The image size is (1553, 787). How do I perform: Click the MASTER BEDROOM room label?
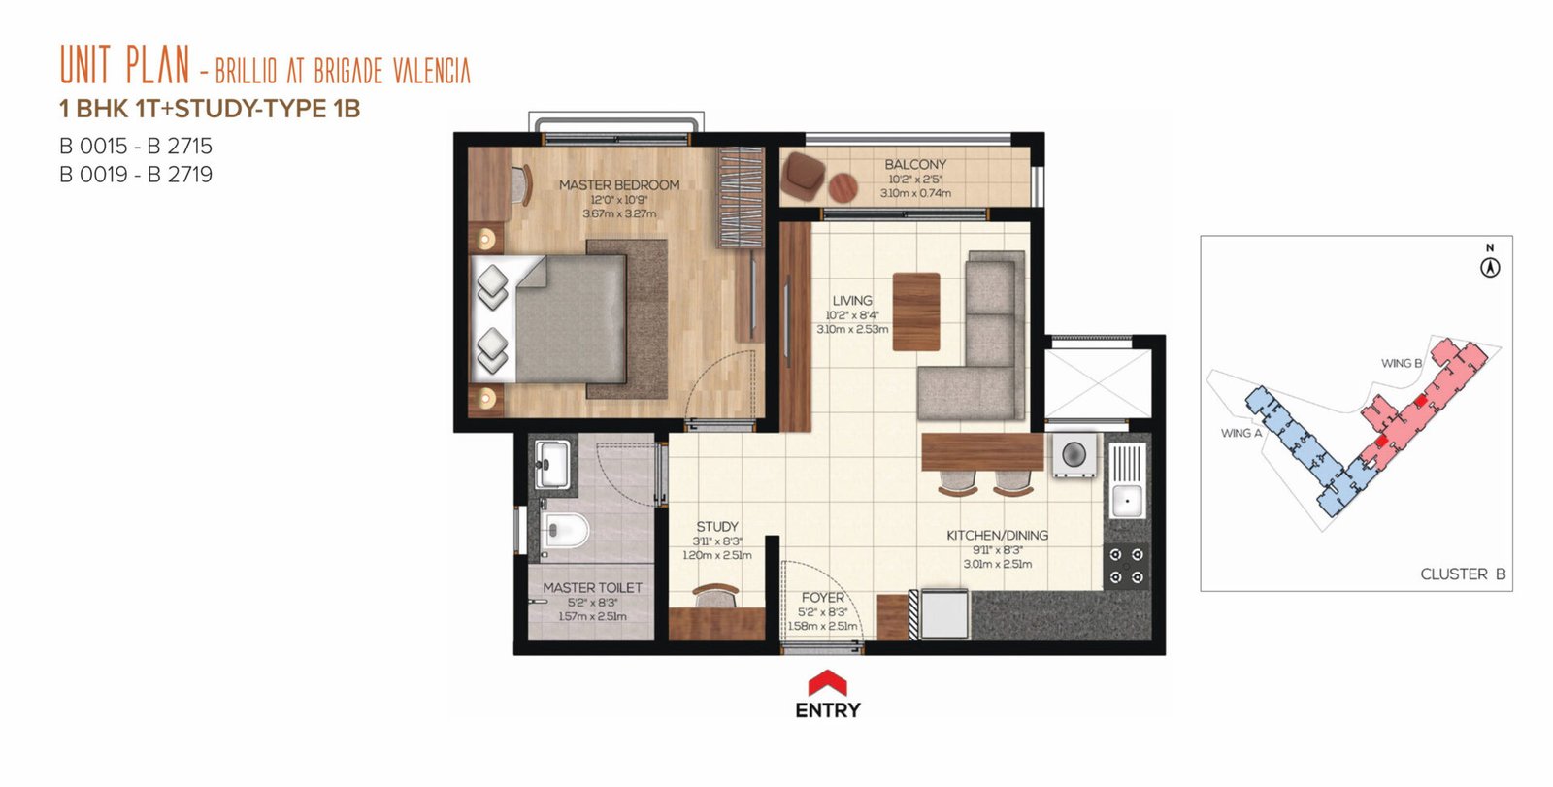(619, 185)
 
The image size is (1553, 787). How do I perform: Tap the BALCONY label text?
(915, 164)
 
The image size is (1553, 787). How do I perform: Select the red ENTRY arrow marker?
(828, 682)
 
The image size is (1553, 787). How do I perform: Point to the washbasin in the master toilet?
(552, 463)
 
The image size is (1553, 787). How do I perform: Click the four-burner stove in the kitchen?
(1126, 565)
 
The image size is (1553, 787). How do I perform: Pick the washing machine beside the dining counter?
(1074, 455)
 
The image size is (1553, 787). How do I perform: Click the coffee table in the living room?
(916, 312)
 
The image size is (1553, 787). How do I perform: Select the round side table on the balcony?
(843, 186)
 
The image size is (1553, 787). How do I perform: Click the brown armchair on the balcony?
(803, 176)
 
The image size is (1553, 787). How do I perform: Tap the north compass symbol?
(1490, 267)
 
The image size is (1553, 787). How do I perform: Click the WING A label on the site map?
(1241, 434)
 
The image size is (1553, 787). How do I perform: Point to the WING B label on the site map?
(1402, 363)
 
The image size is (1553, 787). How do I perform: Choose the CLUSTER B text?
(1463, 574)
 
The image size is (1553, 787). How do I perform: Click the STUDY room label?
(717, 527)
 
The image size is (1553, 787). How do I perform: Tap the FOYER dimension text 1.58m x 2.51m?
(822, 626)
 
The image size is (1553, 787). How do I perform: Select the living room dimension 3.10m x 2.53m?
(852, 329)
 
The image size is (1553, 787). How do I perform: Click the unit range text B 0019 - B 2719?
(136, 174)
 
